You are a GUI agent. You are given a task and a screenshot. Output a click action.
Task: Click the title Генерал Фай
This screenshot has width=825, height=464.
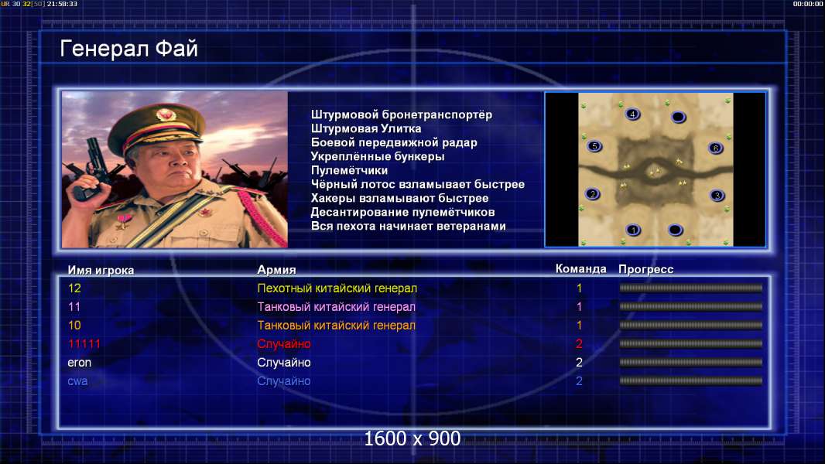[129, 49]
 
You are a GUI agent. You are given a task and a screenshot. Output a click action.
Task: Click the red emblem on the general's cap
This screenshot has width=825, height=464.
[166, 114]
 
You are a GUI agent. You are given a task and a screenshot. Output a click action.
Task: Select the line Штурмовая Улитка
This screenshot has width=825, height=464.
[365, 128]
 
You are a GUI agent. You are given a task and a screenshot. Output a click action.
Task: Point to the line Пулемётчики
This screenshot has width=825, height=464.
[349, 170]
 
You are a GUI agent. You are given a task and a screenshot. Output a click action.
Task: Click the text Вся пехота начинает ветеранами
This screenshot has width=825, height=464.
[409, 226]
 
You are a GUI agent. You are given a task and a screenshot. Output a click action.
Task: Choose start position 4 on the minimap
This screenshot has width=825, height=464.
[632, 114]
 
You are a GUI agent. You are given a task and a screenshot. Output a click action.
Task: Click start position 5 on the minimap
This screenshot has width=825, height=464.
[594, 147]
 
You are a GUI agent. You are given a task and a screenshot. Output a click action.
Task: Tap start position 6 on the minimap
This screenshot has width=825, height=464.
[716, 148]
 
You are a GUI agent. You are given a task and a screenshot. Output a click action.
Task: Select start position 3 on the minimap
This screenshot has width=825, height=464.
[717, 196]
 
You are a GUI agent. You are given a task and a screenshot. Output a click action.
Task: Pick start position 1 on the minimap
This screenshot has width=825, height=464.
[634, 230]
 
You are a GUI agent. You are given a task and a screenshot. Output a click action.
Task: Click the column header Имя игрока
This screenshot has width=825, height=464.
[101, 270]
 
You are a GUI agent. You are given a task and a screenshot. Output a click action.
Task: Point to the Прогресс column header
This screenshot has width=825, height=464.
[645, 269]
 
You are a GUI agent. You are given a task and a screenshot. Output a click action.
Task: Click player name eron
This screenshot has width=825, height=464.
[80, 363]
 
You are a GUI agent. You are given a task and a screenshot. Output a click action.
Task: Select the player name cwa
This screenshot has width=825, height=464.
[77, 381]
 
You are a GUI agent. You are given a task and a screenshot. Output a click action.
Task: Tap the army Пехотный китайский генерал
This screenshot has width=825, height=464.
[337, 288]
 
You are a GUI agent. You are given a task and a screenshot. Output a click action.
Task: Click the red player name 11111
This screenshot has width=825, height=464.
[84, 343]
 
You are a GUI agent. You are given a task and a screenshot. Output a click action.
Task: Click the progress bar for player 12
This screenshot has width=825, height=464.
[691, 288]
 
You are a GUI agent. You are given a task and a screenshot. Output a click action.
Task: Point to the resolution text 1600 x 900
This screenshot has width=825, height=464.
[412, 438]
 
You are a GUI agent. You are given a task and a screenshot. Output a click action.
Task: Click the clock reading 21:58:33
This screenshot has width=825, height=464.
[62, 4]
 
